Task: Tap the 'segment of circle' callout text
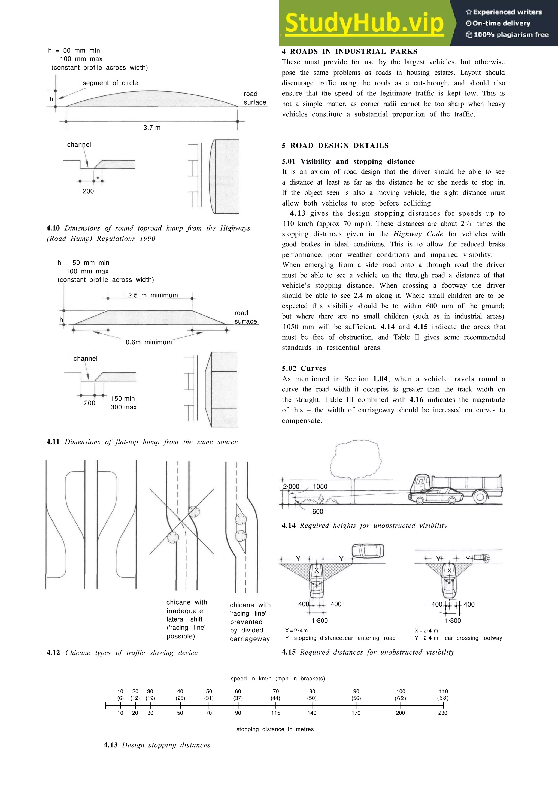(x=110, y=83)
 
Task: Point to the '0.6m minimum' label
(x=148, y=342)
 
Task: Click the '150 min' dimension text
(x=123, y=399)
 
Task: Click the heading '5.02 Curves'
(x=304, y=368)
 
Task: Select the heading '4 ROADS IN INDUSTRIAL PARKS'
(x=349, y=52)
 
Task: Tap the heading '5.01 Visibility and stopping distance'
(x=348, y=161)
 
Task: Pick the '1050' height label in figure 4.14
(x=320, y=486)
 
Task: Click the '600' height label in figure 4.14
(x=317, y=511)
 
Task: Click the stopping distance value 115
(x=275, y=713)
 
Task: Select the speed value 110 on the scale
(x=443, y=691)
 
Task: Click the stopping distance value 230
(x=442, y=713)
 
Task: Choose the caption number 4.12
(x=53, y=652)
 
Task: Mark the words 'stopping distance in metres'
(x=275, y=729)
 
